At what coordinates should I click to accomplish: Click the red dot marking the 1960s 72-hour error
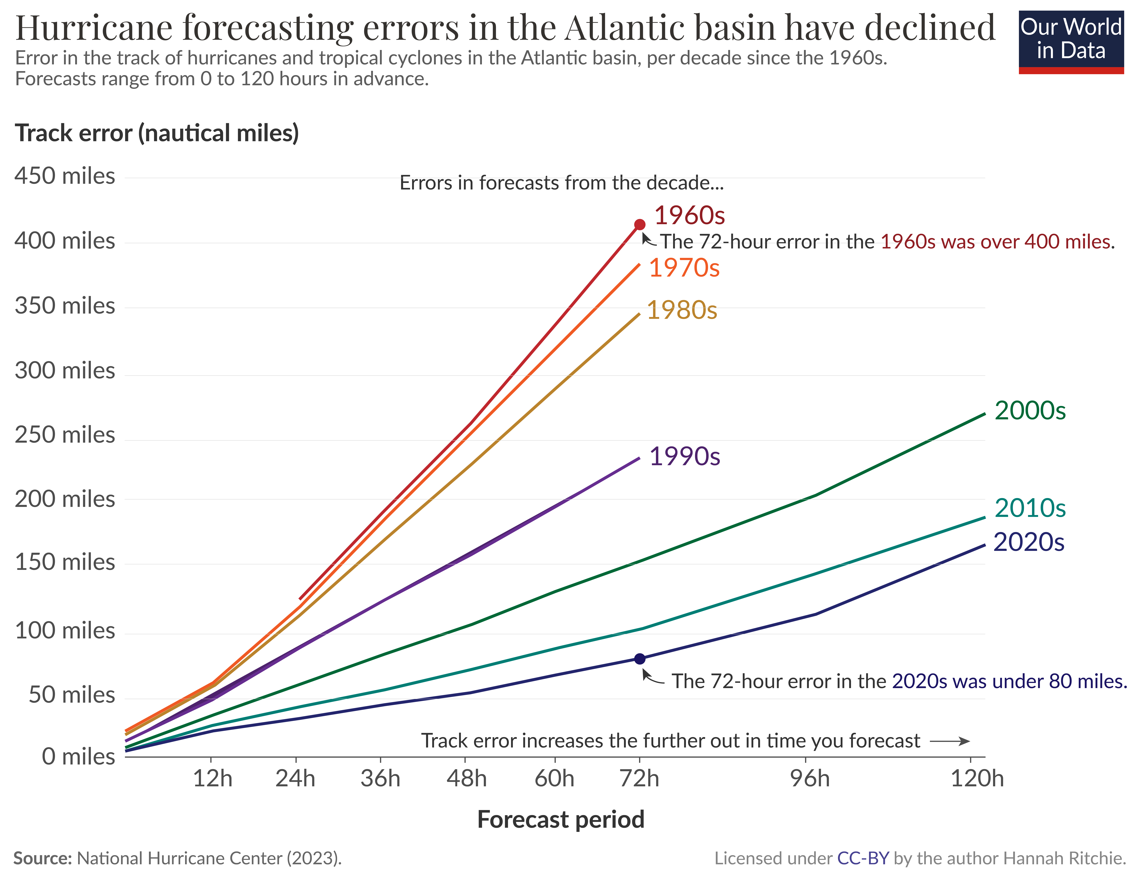(x=640, y=224)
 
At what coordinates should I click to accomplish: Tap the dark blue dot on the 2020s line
(x=640, y=659)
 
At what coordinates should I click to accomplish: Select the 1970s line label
(x=684, y=268)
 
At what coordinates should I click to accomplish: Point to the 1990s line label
(x=685, y=456)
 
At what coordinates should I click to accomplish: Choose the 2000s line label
(x=1030, y=411)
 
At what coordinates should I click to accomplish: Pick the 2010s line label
(x=1030, y=508)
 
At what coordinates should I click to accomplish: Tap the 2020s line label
(x=1029, y=542)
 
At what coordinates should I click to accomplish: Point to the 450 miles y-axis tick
(x=65, y=176)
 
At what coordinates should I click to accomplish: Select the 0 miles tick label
(x=78, y=756)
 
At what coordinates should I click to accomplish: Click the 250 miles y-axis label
(x=65, y=435)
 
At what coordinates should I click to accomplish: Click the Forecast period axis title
(x=561, y=819)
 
